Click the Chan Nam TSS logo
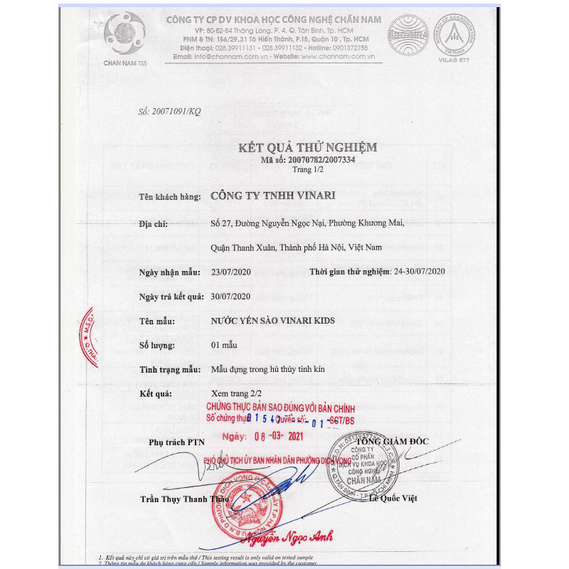click(124, 35)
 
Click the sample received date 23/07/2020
click(232, 272)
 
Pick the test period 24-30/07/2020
click(420, 272)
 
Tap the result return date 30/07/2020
click(232, 296)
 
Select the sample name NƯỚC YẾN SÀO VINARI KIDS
click(273, 321)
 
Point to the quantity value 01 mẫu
click(224, 345)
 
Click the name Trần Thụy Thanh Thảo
click(179, 499)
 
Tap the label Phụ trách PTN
click(175, 442)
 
